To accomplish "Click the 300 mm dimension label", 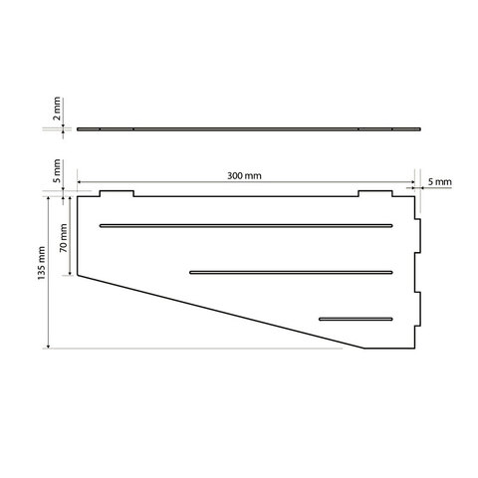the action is (244, 175).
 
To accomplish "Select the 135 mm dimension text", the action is (41, 263).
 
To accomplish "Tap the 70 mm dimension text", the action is (64, 238).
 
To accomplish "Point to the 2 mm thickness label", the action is (57, 109).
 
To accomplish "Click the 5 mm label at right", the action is (440, 182).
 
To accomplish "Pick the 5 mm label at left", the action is (57, 171).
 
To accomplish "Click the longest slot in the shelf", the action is (246, 226).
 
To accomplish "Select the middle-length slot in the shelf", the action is (291, 273).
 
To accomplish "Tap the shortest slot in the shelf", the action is (356, 319).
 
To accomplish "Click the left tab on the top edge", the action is (118, 193).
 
